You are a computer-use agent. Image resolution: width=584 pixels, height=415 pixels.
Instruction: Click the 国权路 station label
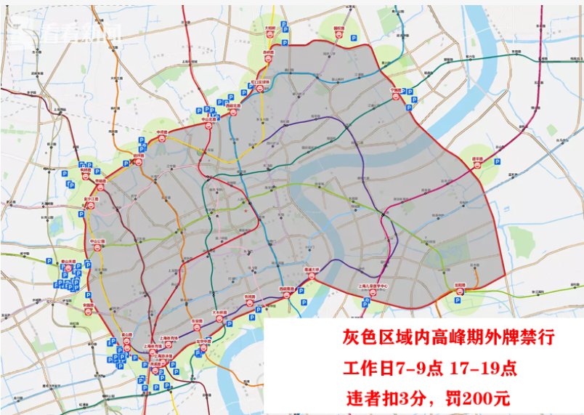[338, 31]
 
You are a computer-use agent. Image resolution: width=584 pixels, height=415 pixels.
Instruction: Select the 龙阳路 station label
[460, 286]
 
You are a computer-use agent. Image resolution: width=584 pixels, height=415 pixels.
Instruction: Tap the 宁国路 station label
[396, 90]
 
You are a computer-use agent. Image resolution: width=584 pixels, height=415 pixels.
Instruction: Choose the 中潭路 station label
[163, 133]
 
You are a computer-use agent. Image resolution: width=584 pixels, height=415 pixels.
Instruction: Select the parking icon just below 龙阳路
[460, 300]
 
